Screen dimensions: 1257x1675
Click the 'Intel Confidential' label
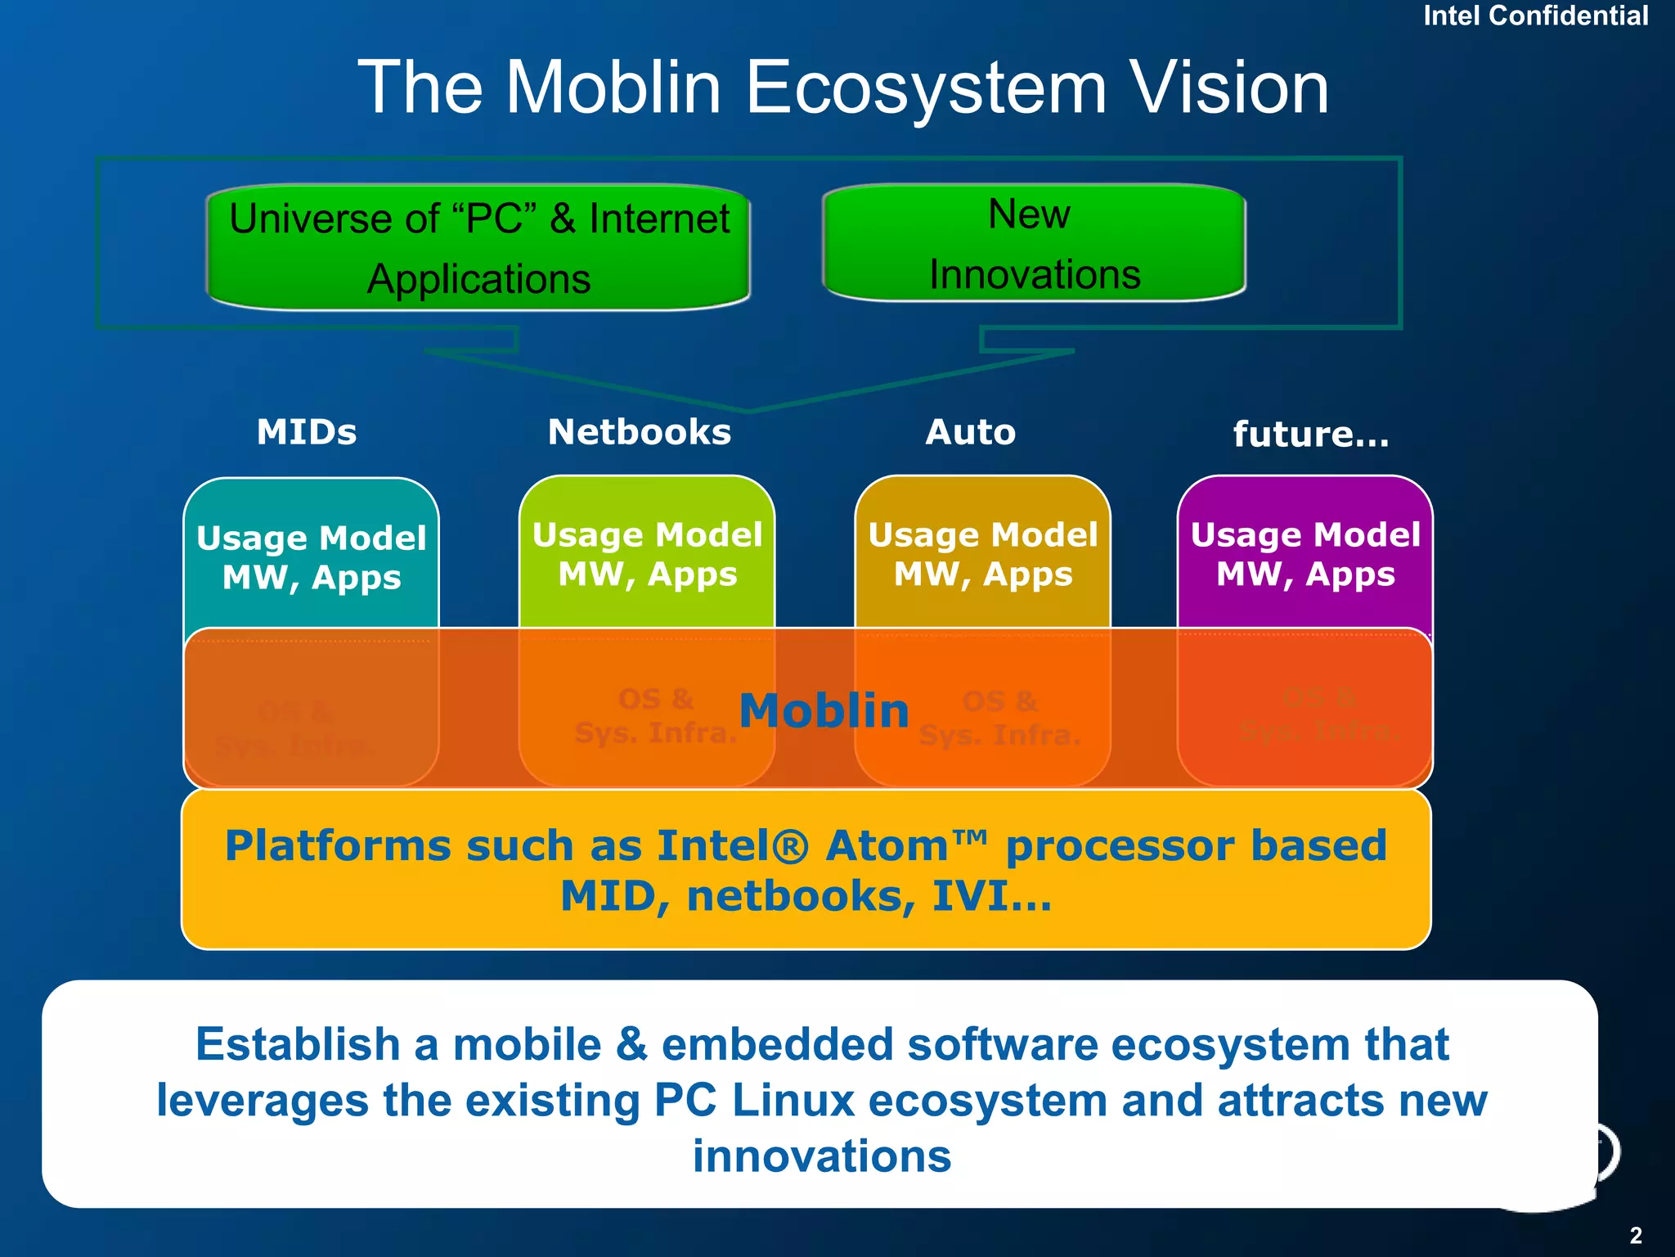click(1535, 16)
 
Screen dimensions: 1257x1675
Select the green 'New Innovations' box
click(1034, 243)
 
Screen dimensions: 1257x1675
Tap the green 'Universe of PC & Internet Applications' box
click(478, 248)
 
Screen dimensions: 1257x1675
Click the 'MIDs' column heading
click(307, 432)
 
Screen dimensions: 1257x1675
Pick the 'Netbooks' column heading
click(640, 432)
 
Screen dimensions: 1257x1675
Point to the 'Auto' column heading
click(970, 432)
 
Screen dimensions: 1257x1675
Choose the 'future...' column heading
click(1311, 435)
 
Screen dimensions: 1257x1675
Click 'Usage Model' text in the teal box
click(312, 538)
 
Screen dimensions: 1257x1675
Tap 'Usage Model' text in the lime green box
click(647, 535)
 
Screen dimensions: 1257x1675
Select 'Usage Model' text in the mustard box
click(983, 535)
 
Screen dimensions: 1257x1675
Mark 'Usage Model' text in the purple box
click(1305, 535)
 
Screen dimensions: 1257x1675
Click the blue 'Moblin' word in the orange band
click(824, 710)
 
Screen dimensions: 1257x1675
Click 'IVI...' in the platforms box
click(992, 897)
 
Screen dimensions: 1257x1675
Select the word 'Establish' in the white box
click(298, 1045)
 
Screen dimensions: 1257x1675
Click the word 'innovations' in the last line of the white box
click(822, 1156)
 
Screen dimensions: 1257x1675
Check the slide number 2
click(1635, 1235)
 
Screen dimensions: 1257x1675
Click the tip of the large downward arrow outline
click(748, 408)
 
